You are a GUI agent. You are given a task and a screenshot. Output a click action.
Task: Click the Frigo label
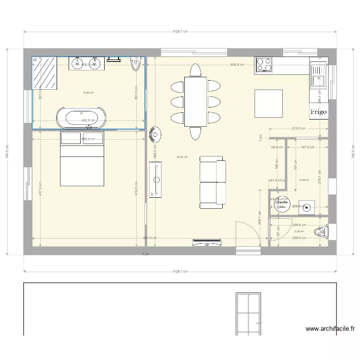(318, 111)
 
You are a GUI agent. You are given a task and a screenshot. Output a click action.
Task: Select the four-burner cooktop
(264, 65)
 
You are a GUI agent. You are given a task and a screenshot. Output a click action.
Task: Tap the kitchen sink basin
(318, 76)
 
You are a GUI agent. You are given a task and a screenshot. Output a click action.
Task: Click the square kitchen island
(268, 103)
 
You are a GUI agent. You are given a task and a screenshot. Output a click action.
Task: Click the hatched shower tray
(45, 73)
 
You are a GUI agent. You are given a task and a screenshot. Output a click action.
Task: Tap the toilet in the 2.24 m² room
(320, 233)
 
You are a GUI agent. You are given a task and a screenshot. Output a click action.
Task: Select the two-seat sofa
(213, 182)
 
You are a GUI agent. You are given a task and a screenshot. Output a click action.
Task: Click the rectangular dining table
(195, 101)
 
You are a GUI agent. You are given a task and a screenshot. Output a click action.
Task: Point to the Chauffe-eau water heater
(281, 204)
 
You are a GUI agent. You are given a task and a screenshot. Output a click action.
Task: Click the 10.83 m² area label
(88, 93)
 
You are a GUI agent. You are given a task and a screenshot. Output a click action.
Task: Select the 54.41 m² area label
(182, 156)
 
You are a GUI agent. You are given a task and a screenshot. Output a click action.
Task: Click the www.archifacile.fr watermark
(330, 329)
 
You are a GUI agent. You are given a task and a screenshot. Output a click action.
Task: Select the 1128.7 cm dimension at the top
(180, 32)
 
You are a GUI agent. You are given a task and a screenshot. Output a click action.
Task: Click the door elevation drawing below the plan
(248, 313)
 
